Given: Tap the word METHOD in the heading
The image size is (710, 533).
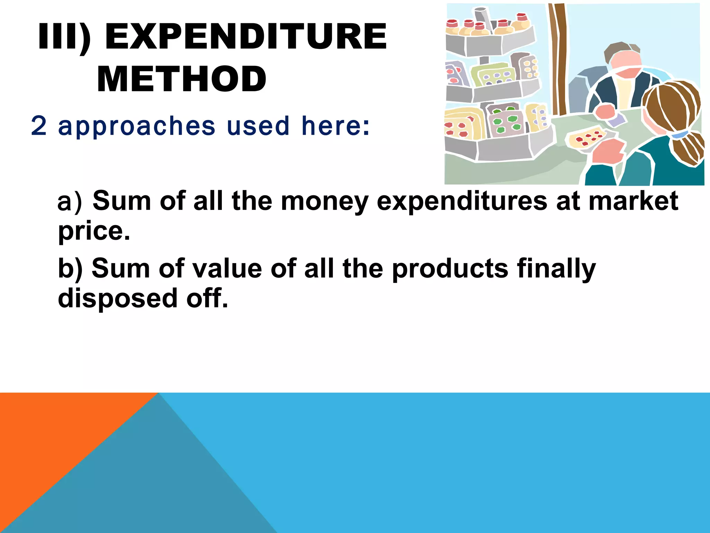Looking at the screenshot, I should click(182, 79).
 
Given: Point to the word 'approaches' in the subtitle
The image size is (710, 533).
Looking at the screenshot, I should click(137, 126).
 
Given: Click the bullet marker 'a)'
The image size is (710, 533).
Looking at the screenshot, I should click(69, 202).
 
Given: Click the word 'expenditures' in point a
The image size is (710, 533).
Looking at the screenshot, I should click(462, 202).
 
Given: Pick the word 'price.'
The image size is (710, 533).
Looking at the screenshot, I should click(94, 231).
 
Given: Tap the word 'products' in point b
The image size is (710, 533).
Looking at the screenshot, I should click(450, 269).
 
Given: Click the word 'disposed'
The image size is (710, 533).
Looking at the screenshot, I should click(118, 298).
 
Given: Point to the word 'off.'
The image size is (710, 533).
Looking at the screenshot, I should click(207, 298).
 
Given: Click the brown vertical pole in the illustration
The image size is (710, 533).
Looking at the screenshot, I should click(559, 59).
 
